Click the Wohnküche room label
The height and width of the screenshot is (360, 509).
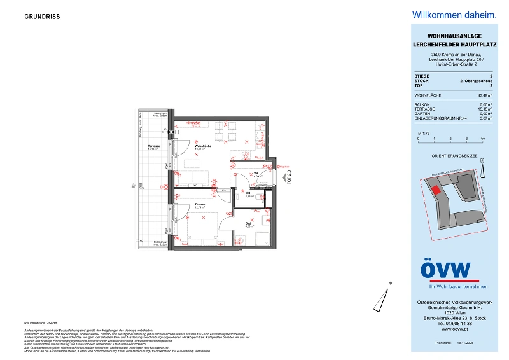[x=203, y=146]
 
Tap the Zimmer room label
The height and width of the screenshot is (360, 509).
[x=200, y=205]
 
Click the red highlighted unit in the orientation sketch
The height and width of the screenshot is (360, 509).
[x=436, y=189]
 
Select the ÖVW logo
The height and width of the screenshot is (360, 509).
[x=445, y=270]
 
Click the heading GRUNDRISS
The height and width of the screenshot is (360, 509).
[x=43, y=17]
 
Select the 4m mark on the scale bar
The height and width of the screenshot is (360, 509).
[x=482, y=138]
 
